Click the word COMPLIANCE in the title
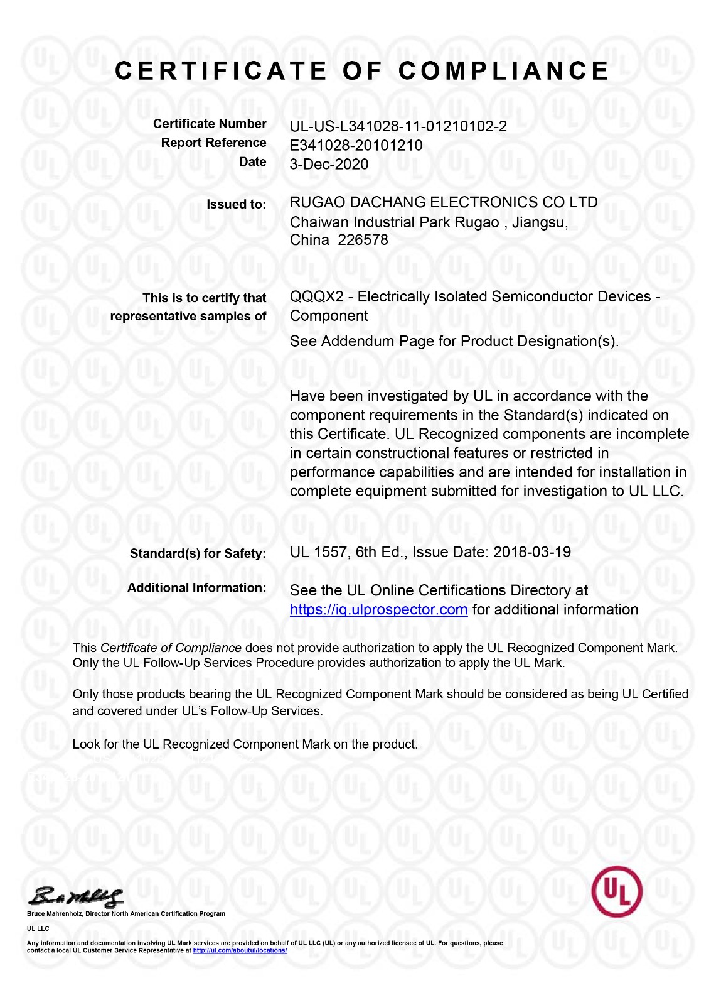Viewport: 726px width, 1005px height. [x=503, y=71]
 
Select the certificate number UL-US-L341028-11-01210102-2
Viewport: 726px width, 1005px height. [x=398, y=126]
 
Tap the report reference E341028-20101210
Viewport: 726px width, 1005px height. [x=356, y=146]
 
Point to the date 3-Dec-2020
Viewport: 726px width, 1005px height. [x=329, y=165]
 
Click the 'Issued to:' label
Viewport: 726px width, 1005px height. [x=236, y=204]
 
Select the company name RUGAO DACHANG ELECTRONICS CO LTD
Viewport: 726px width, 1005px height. [x=443, y=202]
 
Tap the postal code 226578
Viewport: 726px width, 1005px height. [x=363, y=240]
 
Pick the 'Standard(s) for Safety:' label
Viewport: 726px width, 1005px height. [x=198, y=553]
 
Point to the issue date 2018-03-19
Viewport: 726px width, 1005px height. [x=532, y=552]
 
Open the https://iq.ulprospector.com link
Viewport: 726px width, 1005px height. [x=378, y=609]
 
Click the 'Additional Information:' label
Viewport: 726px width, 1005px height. [x=196, y=588]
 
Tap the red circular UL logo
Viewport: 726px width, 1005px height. [x=616, y=891]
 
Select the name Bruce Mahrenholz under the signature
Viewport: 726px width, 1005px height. [x=55, y=913]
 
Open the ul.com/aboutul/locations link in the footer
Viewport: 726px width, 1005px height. [x=240, y=950]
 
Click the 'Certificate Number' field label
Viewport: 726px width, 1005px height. [x=210, y=124]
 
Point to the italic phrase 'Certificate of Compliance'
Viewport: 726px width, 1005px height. [x=171, y=648]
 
